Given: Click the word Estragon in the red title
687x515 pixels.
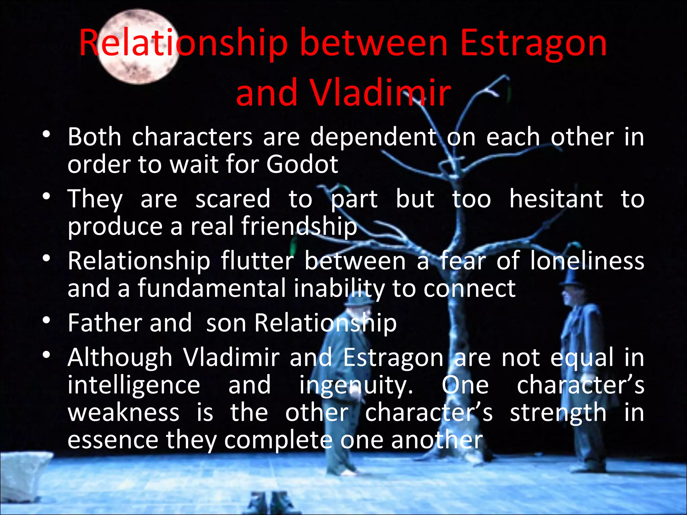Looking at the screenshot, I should [533, 44].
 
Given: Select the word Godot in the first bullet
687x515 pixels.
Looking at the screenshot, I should [302, 164].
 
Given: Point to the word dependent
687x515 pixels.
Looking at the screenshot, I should [373, 137].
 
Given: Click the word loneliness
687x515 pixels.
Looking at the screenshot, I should [587, 261].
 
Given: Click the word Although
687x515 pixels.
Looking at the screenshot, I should [120, 358].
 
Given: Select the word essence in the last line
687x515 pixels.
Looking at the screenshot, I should [113, 440].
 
